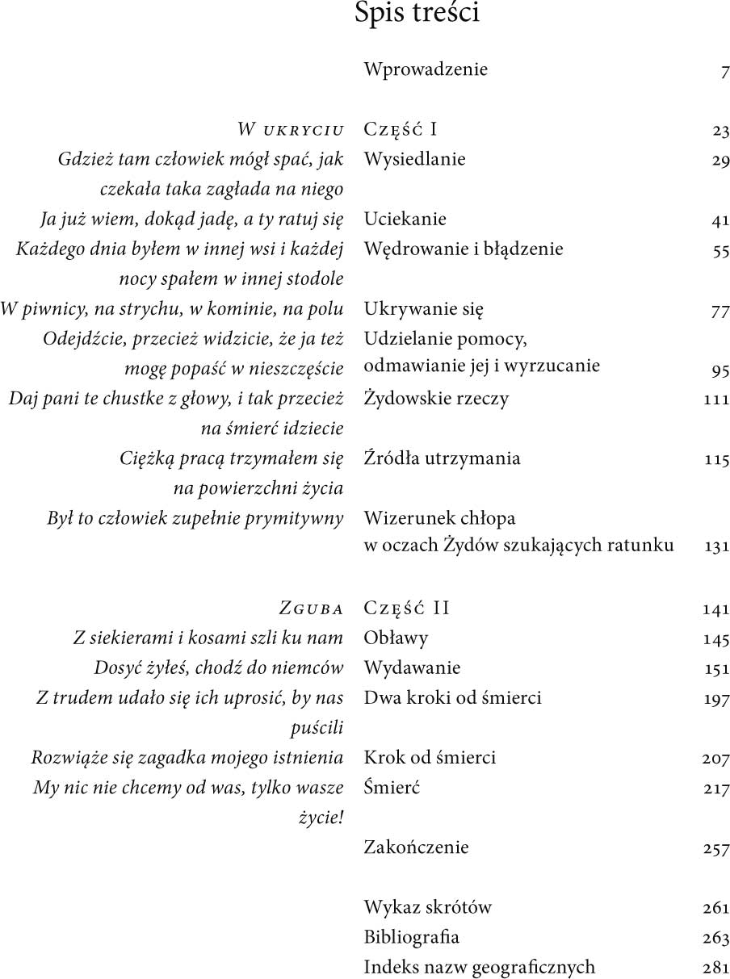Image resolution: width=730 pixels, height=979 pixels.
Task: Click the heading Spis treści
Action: point(417,14)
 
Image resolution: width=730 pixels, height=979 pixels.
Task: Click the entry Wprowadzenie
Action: point(426,69)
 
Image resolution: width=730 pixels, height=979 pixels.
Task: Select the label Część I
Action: point(401,129)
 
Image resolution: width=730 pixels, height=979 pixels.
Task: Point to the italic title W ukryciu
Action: point(291,130)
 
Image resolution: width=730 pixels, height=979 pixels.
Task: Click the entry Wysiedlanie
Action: point(414,159)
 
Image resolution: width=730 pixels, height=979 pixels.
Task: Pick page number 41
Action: point(720,220)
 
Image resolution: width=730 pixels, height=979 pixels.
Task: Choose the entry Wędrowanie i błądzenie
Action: point(464,249)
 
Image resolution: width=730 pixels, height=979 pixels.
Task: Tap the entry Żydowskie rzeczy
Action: point(436,398)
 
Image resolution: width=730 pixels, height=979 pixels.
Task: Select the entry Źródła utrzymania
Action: point(442,458)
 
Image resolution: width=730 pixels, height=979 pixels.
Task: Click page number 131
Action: point(716,547)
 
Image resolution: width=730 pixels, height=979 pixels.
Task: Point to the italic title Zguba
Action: point(311,608)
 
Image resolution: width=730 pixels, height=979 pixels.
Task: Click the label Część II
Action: point(406,608)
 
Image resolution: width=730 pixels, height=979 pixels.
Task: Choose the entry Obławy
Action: point(396,638)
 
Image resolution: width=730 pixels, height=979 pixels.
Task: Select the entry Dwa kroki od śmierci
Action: point(452,697)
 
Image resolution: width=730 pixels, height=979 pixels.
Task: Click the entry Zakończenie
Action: point(416,847)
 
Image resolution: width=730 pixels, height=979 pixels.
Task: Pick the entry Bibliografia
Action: point(411,937)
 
